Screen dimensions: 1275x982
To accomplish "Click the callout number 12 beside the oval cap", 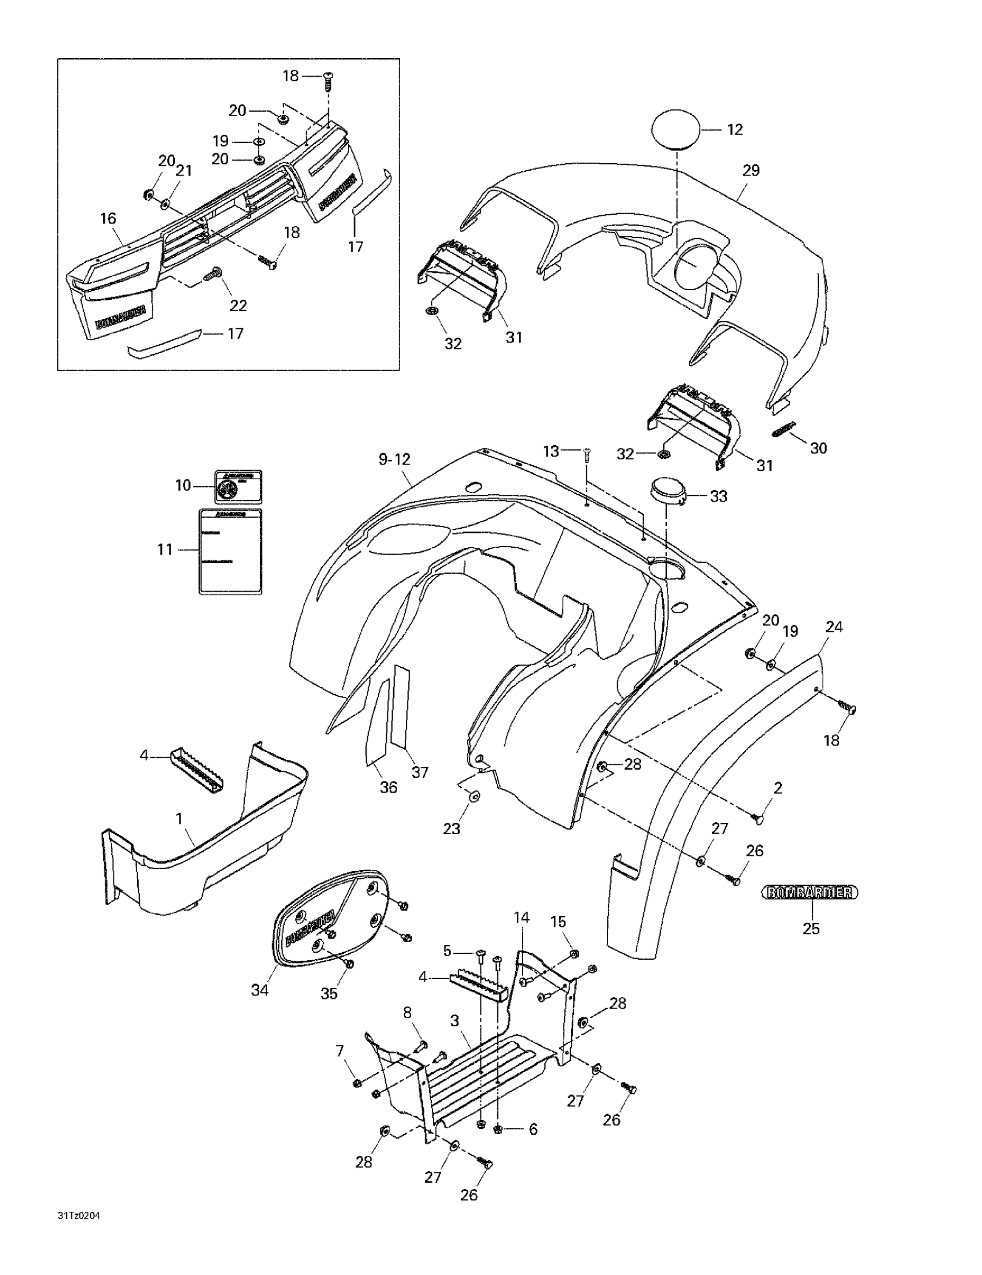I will coord(734,130).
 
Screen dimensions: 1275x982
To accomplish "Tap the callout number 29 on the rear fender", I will coord(751,170).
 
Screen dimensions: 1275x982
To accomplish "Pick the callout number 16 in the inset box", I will coord(108,218).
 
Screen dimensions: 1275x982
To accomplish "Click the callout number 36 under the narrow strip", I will coord(388,788).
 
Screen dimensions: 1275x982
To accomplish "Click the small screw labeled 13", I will coord(587,453).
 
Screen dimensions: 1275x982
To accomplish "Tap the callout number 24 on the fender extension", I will coord(834,627).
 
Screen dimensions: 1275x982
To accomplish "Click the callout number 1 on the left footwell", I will coord(179,819).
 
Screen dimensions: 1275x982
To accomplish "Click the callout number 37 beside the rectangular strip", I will coord(420,772).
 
